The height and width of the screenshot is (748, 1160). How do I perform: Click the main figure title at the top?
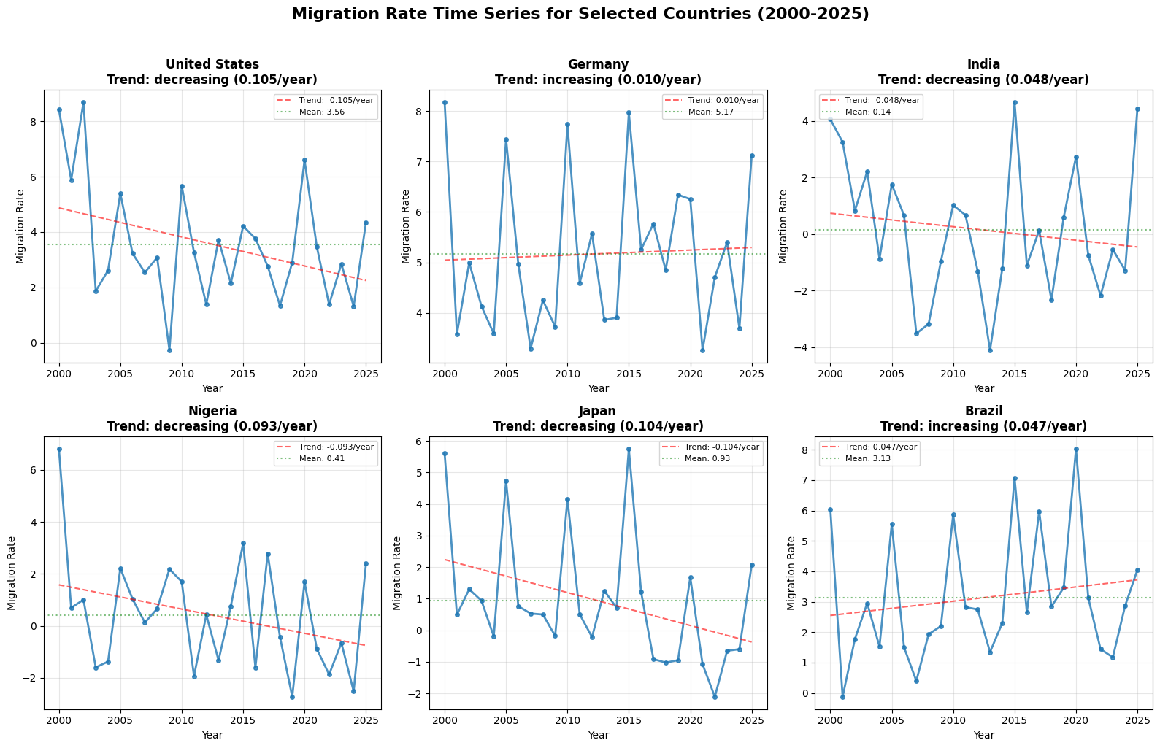(580, 14)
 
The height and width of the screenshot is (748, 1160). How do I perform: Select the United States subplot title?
(212, 72)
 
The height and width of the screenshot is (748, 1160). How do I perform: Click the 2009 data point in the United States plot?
(169, 350)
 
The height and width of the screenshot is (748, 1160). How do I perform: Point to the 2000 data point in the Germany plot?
(445, 103)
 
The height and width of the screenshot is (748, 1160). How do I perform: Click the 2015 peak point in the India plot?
(1014, 103)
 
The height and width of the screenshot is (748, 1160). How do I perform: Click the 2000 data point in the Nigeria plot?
(59, 450)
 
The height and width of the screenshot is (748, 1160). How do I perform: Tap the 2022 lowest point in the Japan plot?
(715, 697)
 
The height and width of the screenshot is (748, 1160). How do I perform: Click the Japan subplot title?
(598, 418)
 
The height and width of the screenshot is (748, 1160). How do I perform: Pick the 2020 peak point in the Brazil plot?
(1076, 450)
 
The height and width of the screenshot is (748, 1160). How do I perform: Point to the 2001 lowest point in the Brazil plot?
(842, 697)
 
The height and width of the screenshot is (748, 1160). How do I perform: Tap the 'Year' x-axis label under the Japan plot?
(598, 735)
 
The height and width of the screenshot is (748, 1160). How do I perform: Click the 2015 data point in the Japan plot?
(629, 450)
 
